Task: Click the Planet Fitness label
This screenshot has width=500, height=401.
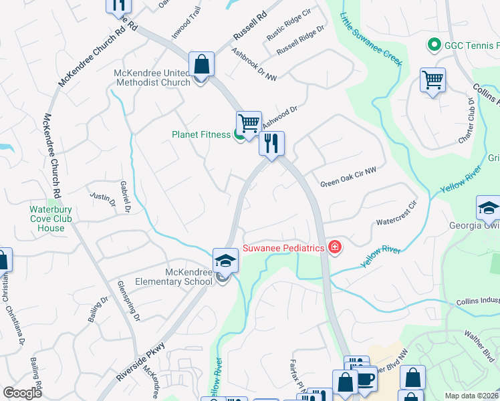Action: [201, 134]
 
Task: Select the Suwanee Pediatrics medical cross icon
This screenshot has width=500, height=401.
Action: [335, 249]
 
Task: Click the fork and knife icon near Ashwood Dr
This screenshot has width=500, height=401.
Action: [271, 144]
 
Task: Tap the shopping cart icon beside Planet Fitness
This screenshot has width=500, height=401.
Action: [249, 122]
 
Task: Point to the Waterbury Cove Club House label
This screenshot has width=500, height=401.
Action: [47, 219]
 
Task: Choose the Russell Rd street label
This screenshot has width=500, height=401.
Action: [250, 26]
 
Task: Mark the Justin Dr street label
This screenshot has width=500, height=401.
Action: [98, 197]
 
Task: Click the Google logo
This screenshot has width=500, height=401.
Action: [23, 393]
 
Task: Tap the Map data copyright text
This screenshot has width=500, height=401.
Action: [471, 396]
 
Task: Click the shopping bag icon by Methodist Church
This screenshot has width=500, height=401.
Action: [201, 65]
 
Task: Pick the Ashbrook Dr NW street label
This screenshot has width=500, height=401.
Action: [254, 65]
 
